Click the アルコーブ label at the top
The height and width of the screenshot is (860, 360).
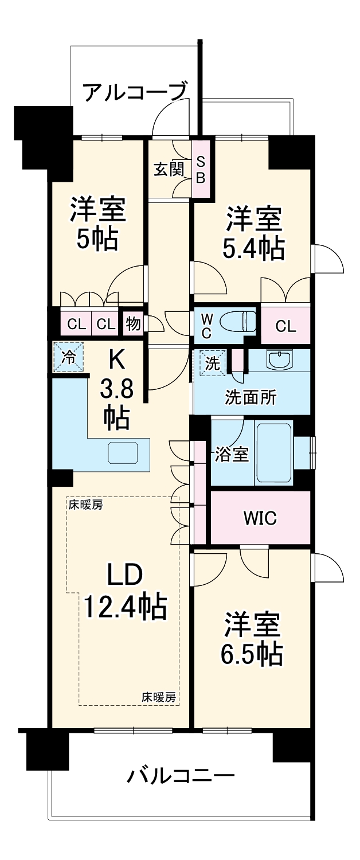point(135,92)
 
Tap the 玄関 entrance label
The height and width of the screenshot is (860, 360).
point(169,169)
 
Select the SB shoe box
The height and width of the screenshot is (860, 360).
point(201,170)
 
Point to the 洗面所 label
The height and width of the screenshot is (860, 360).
point(250,397)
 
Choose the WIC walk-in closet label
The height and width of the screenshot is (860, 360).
point(260,518)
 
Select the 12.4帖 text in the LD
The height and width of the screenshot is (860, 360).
point(126,606)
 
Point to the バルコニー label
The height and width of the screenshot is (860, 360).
point(181,777)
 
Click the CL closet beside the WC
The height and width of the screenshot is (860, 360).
point(285,326)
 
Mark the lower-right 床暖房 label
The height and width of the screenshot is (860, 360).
point(159,698)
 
